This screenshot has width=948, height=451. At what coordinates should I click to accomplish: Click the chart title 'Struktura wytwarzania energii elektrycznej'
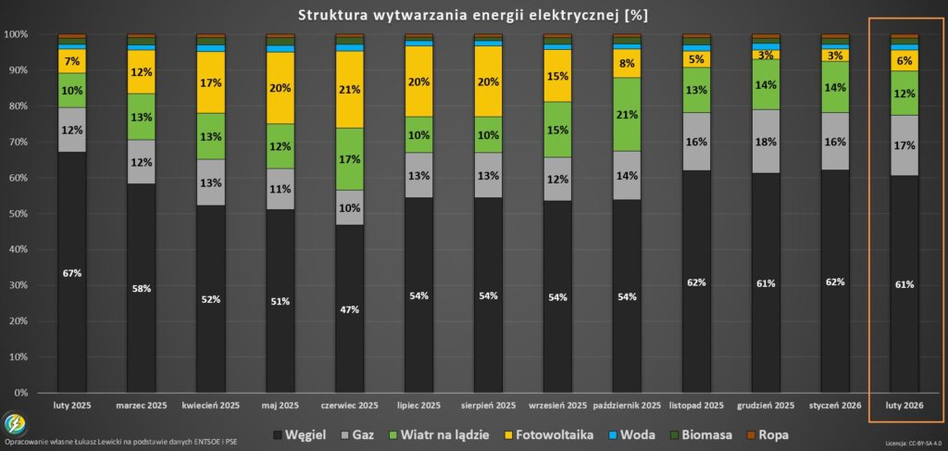click(473, 15)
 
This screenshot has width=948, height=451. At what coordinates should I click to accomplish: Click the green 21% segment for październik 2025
click(627, 114)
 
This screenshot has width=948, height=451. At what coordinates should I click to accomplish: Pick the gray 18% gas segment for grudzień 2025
click(766, 142)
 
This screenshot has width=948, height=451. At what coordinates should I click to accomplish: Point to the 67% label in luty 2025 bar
click(71, 273)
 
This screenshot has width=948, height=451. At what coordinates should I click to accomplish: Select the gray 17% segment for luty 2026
click(904, 145)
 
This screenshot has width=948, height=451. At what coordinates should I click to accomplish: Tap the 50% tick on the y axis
click(17, 214)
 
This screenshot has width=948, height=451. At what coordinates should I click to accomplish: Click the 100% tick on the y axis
click(16, 34)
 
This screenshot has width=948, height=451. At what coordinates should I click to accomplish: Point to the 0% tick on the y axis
click(19, 393)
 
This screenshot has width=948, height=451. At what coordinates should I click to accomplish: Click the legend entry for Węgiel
click(302, 433)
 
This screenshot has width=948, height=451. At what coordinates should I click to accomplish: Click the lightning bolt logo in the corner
click(16, 425)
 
